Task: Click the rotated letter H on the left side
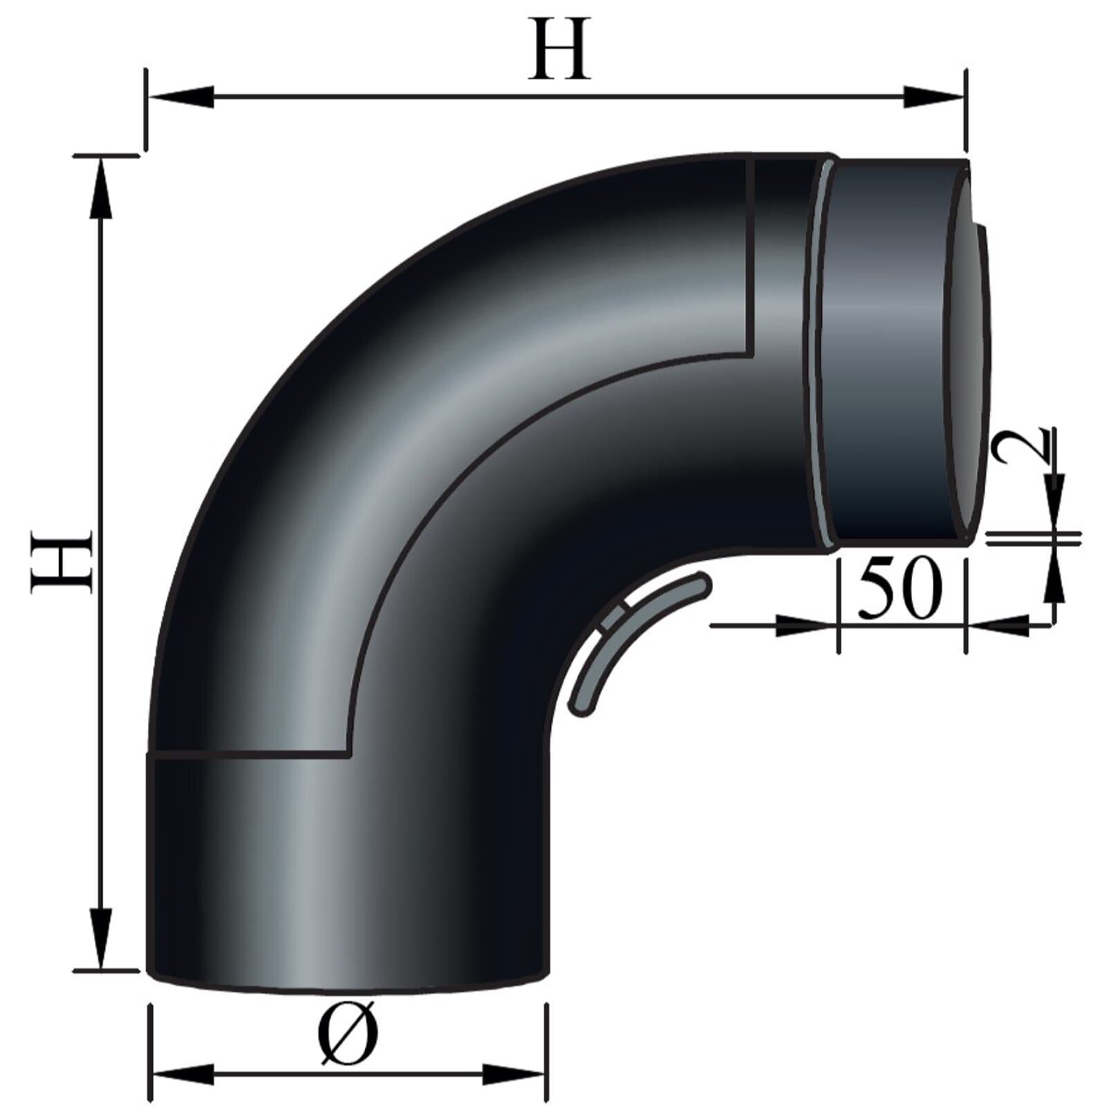[x=62, y=561]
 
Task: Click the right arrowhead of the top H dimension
[x=933, y=97]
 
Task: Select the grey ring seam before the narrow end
[x=819, y=353]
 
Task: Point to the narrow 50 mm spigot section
[x=892, y=353]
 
